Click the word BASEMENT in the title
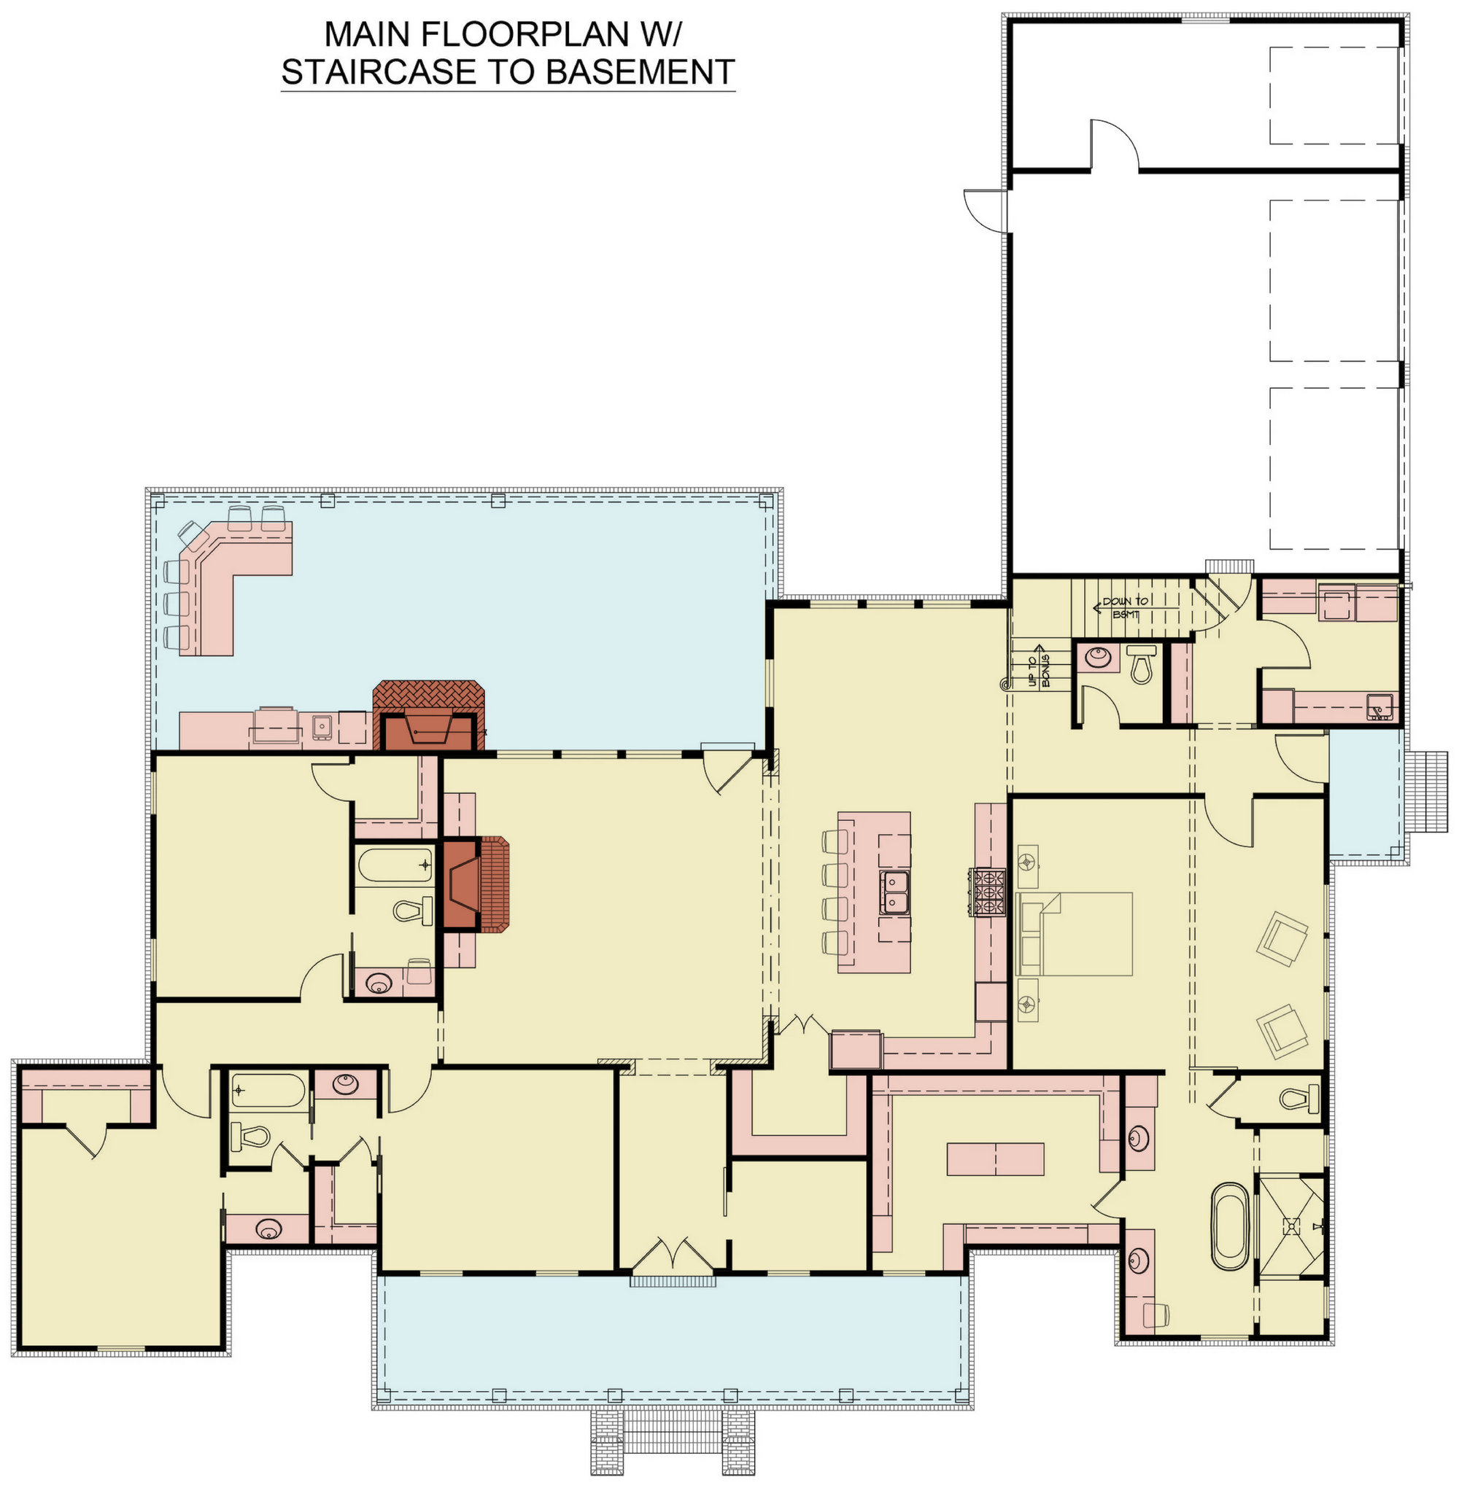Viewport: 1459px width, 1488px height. (640, 71)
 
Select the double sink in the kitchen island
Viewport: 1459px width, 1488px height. (894, 892)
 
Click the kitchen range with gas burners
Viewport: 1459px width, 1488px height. (988, 892)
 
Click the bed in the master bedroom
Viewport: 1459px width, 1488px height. (1075, 933)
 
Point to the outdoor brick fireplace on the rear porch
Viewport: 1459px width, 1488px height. (429, 714)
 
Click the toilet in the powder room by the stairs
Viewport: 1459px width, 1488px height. (1141, 663)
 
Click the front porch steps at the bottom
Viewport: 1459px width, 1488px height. (673, 1442)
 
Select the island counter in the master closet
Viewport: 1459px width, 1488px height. (995, 1158)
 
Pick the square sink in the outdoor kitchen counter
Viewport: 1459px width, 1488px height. (321, 724)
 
